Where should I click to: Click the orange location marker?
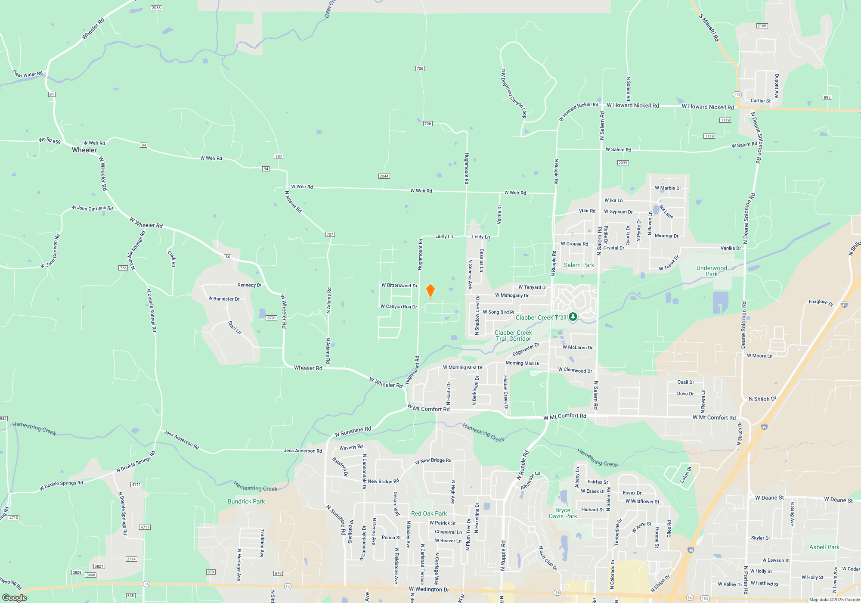(430, 291)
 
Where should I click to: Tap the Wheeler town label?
(84, 150)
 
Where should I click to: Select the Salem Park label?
(579, 265)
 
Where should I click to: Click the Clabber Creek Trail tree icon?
(573, 317)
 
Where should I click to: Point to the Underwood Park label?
(712, 271)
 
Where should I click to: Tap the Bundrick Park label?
(246, 501)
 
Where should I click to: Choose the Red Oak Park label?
(429, 513)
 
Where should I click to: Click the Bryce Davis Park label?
(563, 513)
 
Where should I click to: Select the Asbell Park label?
(824, 547)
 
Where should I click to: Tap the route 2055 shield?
(156, 8)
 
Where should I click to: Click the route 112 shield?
(737, 94)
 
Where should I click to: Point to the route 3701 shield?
(271, 318)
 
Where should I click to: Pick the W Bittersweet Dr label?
(399, 286)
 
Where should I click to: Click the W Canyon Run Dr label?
(399, 307)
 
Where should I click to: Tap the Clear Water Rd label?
(28, 74)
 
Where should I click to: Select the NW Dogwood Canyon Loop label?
(514, 93)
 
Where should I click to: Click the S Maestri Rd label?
(709, 28)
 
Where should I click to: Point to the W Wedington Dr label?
(429, 589)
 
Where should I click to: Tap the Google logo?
(14, 598)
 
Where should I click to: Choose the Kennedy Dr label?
(249, 285)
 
